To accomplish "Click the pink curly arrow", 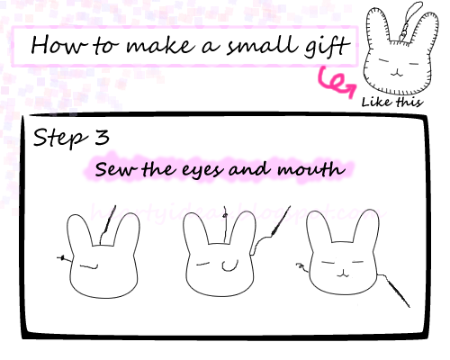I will (x=335, y=82).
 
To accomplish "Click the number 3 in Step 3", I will (x=104, y=139).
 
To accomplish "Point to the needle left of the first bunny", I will (x=61, y=258).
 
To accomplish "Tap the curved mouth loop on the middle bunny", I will (x=229, y=266).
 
